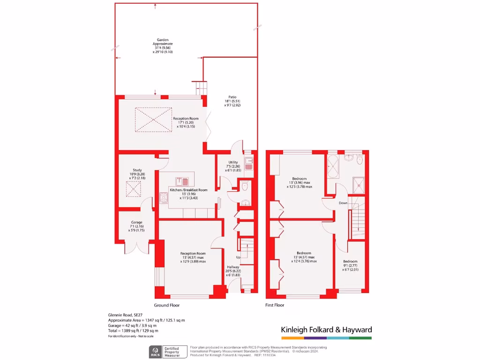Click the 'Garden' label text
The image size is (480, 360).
point(163,40)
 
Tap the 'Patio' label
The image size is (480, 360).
point(232,97)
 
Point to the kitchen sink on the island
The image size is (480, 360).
point(182,181)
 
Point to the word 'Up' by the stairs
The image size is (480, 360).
point(238,258)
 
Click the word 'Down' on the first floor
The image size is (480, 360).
point(343,203)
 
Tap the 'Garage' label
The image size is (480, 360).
point(136,222)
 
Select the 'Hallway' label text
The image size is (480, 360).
point(233,267)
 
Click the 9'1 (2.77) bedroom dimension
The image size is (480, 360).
point(350,265)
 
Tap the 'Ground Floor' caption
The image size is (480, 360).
point(167,305)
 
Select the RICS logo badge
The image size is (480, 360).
point(155,352)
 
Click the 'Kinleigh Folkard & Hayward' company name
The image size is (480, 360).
point(326,330)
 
